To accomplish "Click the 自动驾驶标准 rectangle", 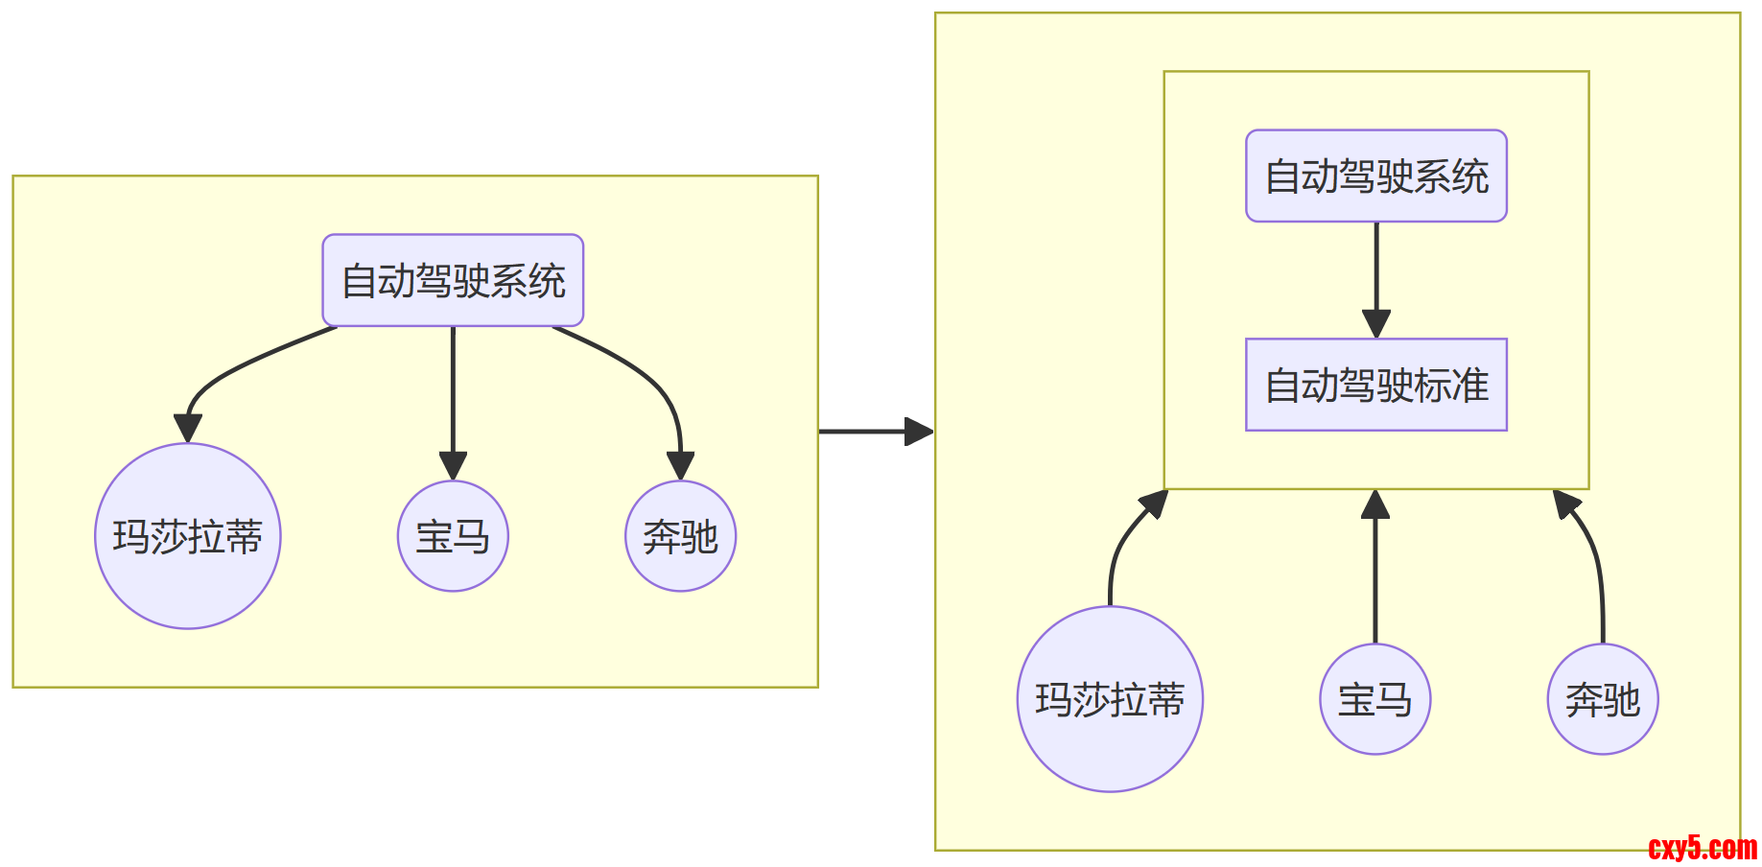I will (x=1375, y=385).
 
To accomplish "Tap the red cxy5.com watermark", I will (x=1702, y=848).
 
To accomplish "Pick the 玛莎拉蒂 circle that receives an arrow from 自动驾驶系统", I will (x=188, y=536).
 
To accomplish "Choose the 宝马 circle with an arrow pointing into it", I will (x=453, y=536).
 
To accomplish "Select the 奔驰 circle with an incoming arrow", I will (x=680, y=536).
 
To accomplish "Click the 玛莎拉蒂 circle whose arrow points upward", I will (x=1110, y=699).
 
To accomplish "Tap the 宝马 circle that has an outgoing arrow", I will (x=1374, y=699).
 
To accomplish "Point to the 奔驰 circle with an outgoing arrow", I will (x=1602, y=699).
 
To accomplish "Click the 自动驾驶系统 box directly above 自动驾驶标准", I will (x=1375, y=176).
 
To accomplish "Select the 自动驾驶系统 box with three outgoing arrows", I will (x=453, y=280).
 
